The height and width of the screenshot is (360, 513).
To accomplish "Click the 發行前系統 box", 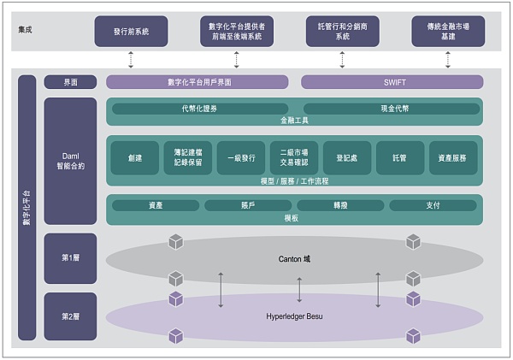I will [x=131, y=31].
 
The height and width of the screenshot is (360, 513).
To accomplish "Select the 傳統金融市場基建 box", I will [x=447, y=31].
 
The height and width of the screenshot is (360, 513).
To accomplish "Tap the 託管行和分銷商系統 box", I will [x=342, y=31].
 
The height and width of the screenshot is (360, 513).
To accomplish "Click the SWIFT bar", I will [x=392, y=82].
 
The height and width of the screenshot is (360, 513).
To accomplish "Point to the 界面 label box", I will [x=70, y=82].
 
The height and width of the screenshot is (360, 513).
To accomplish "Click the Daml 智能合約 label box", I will [x=70, y=160].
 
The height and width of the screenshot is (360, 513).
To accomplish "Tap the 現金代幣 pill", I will [x=391, y=109].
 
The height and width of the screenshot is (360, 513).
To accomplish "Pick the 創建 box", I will [x=134, y=158].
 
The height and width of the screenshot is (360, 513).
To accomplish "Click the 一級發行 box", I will [x=240, y=158].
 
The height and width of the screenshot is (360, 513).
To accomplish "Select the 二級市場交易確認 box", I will [x=293, y=158].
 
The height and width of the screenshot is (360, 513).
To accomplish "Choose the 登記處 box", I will [x=346, y=158].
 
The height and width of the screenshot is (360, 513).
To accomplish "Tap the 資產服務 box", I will [x=452, y=158].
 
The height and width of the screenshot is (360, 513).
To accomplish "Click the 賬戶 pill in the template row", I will [x=247, y=205].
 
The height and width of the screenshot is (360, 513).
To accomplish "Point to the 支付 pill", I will [x=433, y=205].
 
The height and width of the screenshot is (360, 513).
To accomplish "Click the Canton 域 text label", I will [x=295, y=257].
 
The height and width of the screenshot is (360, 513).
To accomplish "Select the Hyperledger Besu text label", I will [x=295, y=316].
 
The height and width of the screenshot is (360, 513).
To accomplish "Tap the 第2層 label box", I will [x=70, y=316].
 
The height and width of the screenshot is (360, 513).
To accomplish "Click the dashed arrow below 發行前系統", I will [x=131, y=59].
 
